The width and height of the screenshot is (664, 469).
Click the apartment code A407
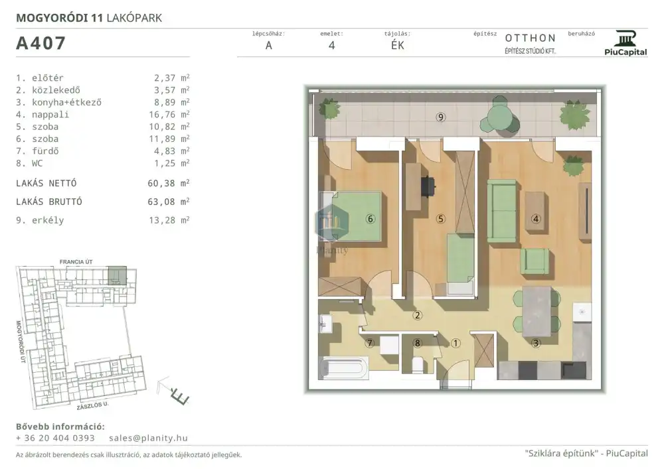point(41,43)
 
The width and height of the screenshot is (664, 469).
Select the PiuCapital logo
point(625,43)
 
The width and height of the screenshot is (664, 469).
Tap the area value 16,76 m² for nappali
point(171,114)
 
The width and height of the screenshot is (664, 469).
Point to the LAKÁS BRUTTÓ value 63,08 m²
point(169,202)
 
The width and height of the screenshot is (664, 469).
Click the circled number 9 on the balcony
point(441,117)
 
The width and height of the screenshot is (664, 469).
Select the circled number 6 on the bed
point(371,219)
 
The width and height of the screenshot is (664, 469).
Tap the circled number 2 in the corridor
point(418,315)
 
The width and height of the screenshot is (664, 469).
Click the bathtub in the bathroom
point(343,368)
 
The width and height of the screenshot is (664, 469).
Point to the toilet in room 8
point(418,365)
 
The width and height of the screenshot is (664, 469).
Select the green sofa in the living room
point(502,211)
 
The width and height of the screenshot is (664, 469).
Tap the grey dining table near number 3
point(537,312)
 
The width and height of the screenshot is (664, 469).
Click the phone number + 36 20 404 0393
point(56,438)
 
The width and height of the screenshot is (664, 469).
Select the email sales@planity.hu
point(148,438)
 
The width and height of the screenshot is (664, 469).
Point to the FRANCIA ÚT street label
point(76,262)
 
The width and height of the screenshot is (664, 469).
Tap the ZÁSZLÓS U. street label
point(93,405)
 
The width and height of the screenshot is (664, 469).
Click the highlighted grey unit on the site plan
point(118,275)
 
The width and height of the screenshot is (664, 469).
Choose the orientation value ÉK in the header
point(398,45)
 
